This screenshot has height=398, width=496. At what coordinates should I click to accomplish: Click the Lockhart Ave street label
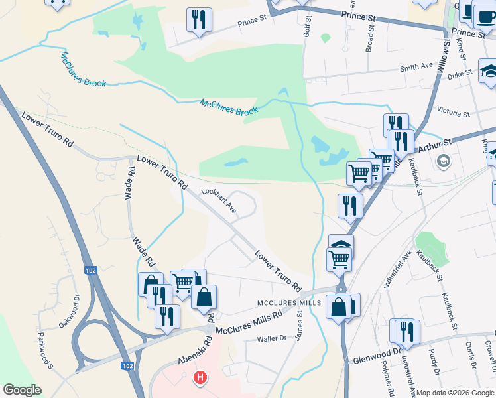coord(219,200)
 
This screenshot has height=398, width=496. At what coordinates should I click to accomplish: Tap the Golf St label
coord(308,27)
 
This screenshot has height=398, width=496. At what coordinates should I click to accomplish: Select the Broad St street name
coord(370,40)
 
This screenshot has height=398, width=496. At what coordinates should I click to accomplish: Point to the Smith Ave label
coord(416,68)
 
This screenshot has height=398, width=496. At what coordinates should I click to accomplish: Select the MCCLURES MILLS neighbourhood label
coord(289,302)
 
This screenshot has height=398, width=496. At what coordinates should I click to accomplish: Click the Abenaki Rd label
coord(193,352)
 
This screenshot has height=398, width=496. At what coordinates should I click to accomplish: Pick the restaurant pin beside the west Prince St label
coord(199,20)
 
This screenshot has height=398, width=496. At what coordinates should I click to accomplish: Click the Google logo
coord(22,390)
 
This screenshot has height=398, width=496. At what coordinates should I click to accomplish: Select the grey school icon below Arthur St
coord(443,161)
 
